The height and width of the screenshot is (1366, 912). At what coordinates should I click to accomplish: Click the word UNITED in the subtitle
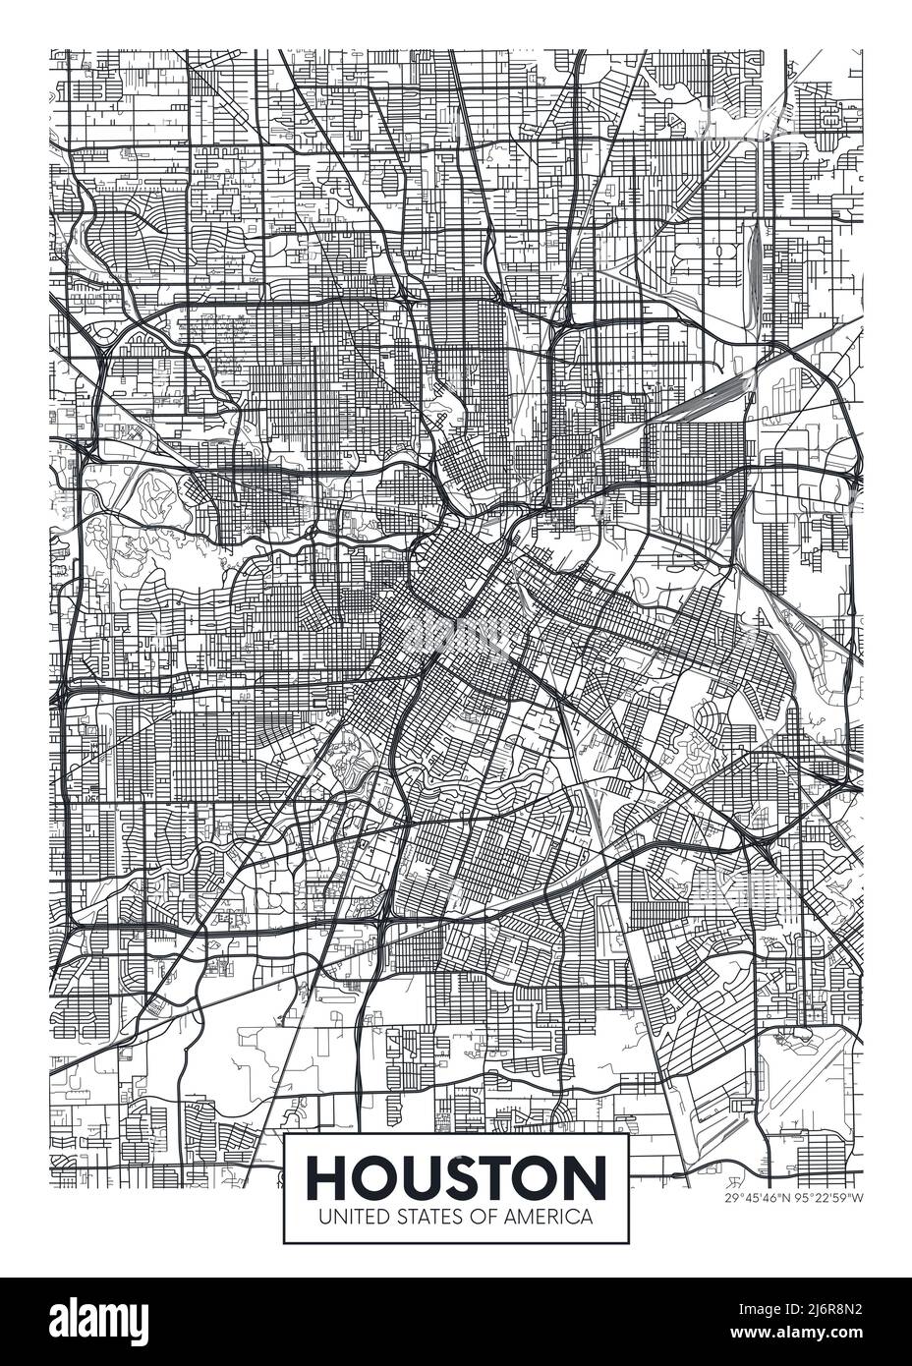(345, 1216)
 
